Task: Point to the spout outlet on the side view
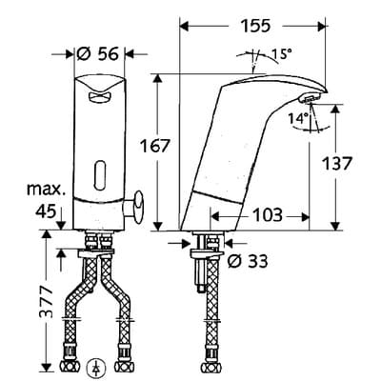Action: pos(311,99)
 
